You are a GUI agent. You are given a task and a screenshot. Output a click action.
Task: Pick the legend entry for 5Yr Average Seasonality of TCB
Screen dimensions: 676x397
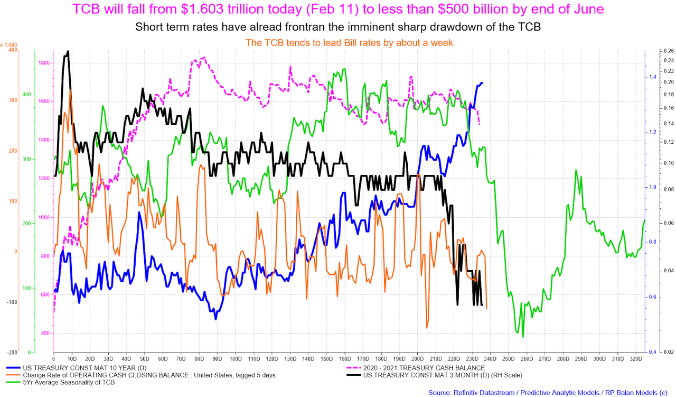(61, 383)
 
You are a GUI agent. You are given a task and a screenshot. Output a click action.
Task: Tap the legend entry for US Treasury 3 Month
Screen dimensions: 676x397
(434, 375)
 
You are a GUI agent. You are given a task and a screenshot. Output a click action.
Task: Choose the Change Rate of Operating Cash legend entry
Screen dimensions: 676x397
(141, 375)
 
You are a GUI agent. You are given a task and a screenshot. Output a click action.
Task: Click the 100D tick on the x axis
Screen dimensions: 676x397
(236, 359)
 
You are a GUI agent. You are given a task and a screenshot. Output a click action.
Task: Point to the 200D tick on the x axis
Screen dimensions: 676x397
(417, 359)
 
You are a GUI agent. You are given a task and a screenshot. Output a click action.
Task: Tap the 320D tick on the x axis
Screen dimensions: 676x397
(636, 359)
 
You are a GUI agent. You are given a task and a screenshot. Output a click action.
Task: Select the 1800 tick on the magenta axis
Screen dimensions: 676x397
(44, 63)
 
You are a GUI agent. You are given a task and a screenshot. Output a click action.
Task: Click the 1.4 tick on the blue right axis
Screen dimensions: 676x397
(652, 77)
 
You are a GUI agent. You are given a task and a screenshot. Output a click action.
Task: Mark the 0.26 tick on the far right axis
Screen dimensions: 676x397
(669, 51)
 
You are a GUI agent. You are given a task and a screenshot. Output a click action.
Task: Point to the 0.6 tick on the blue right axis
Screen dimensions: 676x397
(652, 297)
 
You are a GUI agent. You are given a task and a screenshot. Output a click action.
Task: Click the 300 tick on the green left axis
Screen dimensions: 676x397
(26, 159)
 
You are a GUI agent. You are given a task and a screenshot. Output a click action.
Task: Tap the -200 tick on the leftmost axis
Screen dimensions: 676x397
(12, 353)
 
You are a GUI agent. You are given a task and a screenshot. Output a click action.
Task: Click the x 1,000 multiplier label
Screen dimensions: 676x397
(9, 45)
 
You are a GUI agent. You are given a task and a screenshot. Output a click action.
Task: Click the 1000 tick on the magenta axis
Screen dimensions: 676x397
(44, 217)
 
